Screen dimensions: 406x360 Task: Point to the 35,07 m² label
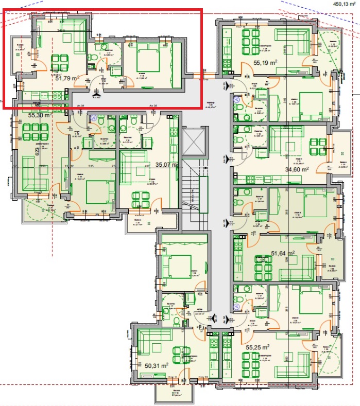[166, 165]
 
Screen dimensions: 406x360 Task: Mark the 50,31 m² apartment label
[157, 365]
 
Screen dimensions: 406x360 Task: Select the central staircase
[195, 190]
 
